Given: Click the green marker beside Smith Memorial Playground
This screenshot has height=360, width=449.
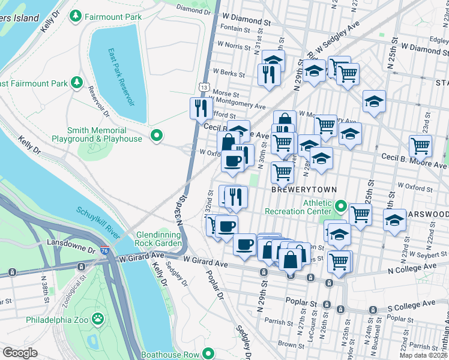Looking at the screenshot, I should pos(157,135).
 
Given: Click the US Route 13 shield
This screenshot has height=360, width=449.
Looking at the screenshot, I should pos(205,88).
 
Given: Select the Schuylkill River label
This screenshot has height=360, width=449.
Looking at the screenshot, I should pos(100,222).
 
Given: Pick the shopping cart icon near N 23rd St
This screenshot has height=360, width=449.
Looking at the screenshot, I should pos(420,145).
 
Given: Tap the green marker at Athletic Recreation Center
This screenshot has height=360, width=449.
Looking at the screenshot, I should pos(340,206).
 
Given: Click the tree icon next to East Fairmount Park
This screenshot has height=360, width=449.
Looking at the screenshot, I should pos(76,82).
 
